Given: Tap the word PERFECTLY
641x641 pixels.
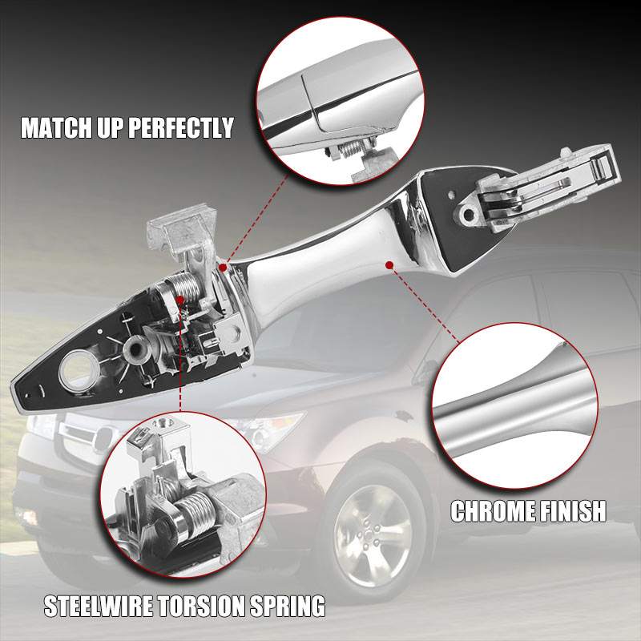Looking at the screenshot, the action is click(181, 127).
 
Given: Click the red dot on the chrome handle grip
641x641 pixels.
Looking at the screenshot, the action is click(389, 265).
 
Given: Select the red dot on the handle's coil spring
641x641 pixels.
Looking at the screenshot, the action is click(180, 300).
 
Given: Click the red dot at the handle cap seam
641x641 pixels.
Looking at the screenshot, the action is click(223, 268).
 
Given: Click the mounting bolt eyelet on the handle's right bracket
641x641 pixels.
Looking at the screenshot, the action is click(469, 214).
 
